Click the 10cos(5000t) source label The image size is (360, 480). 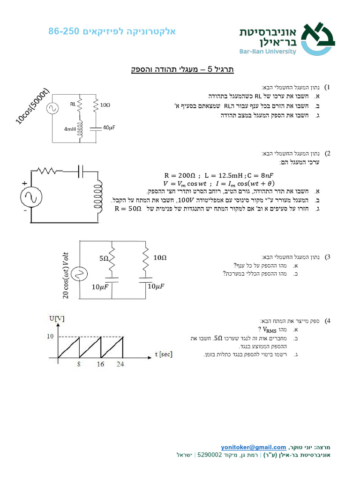tap(32, 106)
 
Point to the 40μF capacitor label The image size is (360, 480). tap(109, 127)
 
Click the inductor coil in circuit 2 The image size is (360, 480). tap(98, 196)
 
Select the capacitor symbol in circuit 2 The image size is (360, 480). tap(80, 172)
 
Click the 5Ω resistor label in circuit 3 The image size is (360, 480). tap(104, 258)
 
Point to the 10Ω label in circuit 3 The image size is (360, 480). tap(160, 257)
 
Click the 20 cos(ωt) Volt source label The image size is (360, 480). tap(65, 274)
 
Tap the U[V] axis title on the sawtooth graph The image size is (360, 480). tap(57, 318)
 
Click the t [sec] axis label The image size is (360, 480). tap(163, 354)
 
